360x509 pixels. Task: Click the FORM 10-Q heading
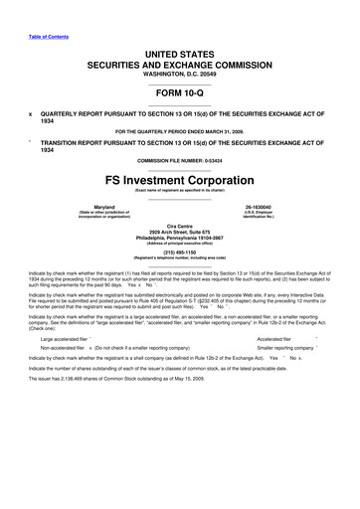(179, 89)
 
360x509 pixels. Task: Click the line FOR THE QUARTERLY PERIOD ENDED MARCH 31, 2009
(179, 130)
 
